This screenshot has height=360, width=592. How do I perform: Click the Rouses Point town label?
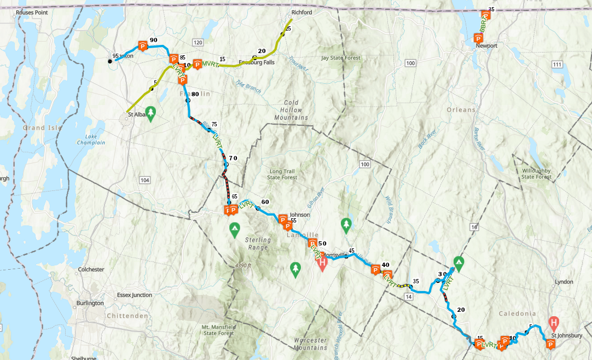click(x=32, y=12)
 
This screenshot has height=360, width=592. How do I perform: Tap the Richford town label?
click(x=301, y=12)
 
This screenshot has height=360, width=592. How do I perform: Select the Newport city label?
click(x=486, y=46)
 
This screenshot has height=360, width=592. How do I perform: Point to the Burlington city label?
click(x=90, y=303)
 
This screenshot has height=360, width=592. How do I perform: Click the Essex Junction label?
click(x=135, y=295)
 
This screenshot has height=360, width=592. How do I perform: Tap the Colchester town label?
click(x=91, y=269)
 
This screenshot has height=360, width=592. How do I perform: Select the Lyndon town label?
click(x=564, y=282)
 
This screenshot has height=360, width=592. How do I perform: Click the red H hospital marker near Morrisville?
click(x=322, y=264)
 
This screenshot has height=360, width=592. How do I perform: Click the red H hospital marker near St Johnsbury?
click(x=554, y=322)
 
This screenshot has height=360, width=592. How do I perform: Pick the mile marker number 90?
click(x=153, y=40)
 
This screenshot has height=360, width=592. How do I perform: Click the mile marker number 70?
click(x=233, y=158)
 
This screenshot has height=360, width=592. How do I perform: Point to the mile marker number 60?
click(x=265, y=201)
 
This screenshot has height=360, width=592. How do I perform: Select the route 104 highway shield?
click(x=144, y=180)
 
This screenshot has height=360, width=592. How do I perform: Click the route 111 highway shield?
click(x=557, y=65)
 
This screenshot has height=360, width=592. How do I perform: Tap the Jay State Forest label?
click(x=341, y=57)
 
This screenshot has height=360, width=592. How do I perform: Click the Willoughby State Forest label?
click(x=536, y=173)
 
